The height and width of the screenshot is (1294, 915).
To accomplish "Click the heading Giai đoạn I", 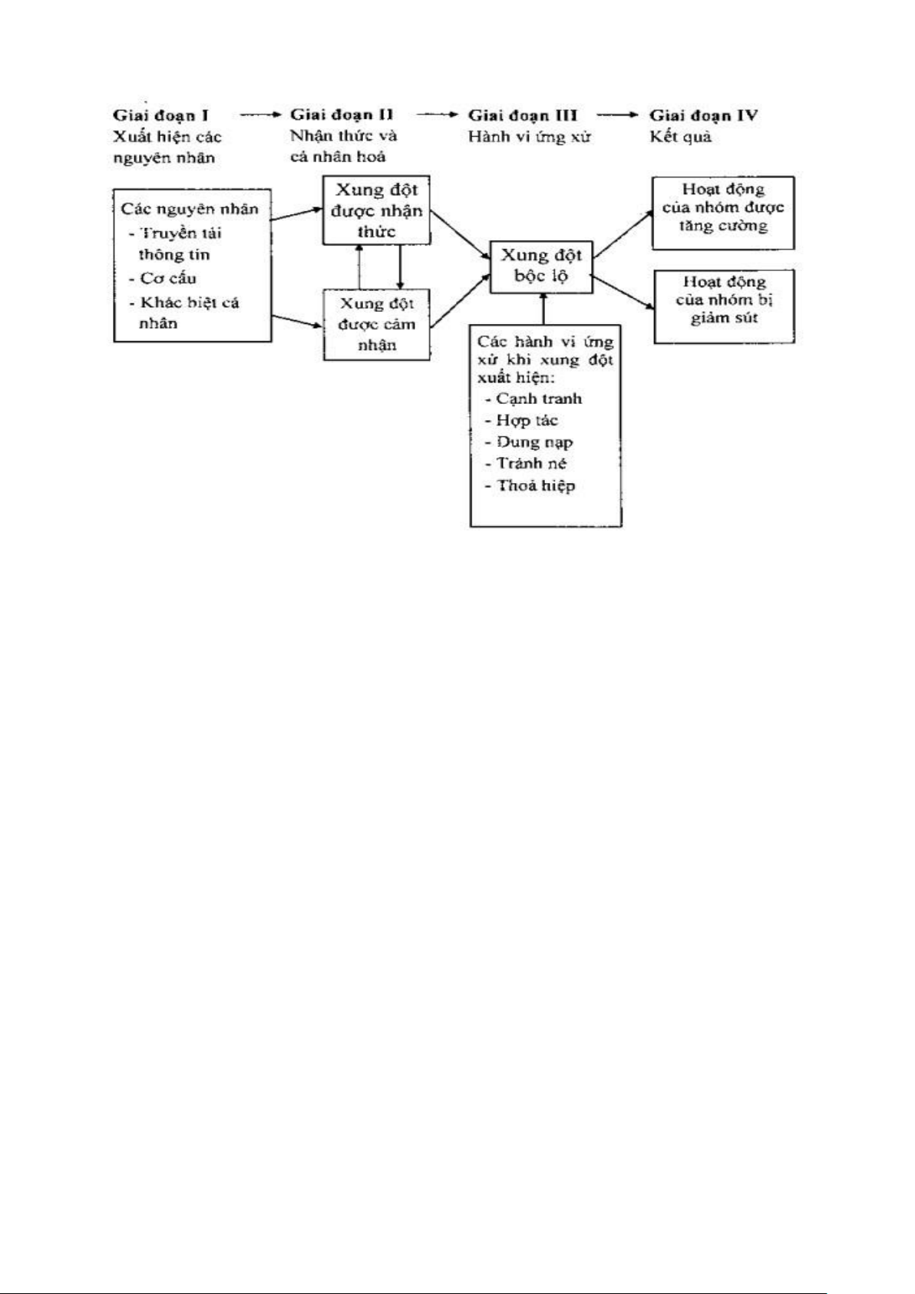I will (x=161, y=116).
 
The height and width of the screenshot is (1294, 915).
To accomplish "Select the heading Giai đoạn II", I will (x=342, y=115).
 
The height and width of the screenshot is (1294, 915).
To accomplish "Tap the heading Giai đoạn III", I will (x=523, y=116).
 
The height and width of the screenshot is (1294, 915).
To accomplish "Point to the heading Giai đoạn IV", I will (x=704, y=116).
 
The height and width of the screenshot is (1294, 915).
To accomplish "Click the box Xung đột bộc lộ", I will (x=542, y=265).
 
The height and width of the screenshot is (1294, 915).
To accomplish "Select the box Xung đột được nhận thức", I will (x=376, y=210).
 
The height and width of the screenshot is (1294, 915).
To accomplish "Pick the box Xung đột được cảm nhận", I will (x=376, y=324).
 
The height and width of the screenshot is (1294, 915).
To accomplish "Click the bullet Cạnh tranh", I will (x=538, y=399).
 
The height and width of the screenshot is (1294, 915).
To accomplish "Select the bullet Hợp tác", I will (x=527, y=421).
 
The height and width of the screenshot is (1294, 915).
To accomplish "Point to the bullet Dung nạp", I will (x=534, y=442).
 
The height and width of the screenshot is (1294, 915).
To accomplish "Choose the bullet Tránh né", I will (x=531, y=463).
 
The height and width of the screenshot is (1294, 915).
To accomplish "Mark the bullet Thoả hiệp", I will (x=535, y=485).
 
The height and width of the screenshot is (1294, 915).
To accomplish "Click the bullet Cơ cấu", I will (x=167, y=278).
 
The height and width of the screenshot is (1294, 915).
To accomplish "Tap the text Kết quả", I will (x=680, y=138).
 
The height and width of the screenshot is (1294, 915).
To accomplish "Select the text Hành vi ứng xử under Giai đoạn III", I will (x=529, y=138).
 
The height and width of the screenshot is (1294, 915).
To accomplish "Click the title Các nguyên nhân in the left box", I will (x=190, y=209).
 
